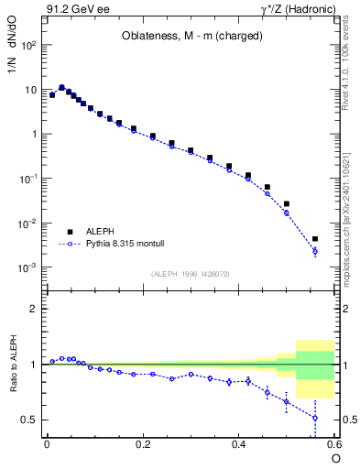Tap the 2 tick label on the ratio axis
click(x=33, y=309)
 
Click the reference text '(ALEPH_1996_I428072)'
click(x=190, y=274)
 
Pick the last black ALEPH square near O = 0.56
click(x=315, y=239)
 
